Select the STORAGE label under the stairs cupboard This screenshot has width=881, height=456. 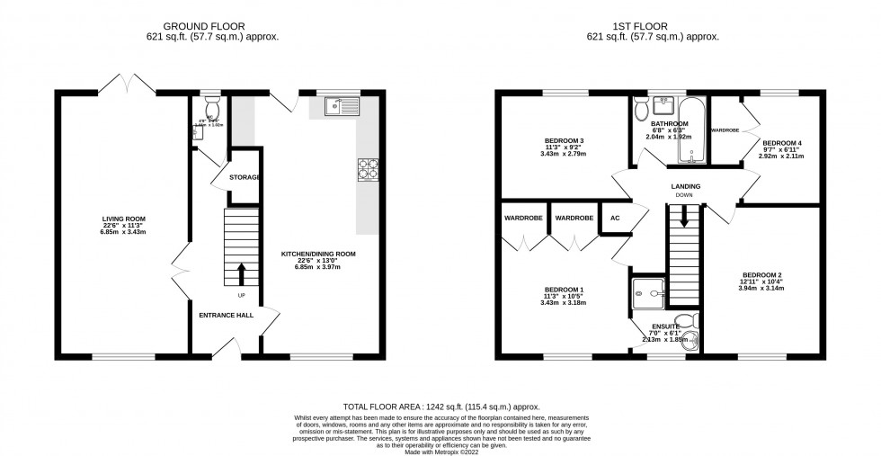pyautogui.click(x=245, y=178)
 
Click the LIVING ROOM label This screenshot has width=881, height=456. pyautogui.click(x=124, y=219)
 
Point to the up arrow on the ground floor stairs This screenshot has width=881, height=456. pyautogui.click(x=241, y=273)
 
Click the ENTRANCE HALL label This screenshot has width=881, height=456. pyautogui.click(x=226, y=316)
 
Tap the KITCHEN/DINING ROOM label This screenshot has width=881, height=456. pyautogui.click(x=318, y=255)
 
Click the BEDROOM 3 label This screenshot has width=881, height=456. pyautogui.click(x=565, y=141)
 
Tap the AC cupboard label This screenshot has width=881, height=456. pyautogui.click(x=616, y=218)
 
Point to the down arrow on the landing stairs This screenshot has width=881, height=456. pyautogui.click(x=684, y=217)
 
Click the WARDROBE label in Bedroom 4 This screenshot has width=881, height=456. pyautogui.click(x=725, y=130)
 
